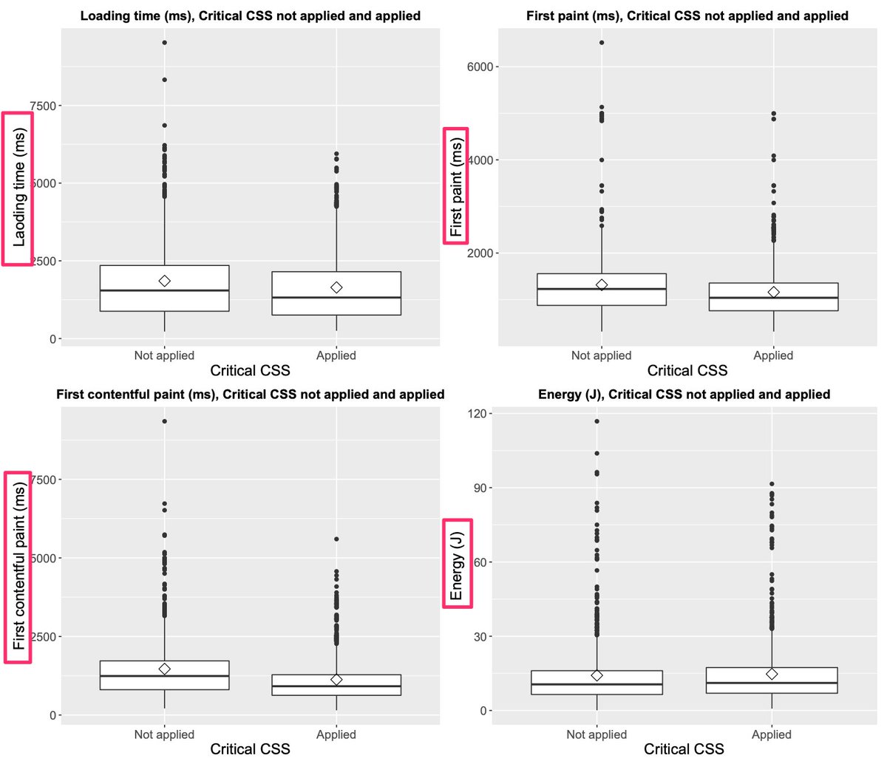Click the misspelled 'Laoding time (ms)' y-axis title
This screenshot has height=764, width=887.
(19, 188)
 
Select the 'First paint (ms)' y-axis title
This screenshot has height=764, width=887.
(456, 185)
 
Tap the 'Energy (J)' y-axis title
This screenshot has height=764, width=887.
(457, 562)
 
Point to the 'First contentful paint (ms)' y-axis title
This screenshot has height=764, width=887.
(19, 567)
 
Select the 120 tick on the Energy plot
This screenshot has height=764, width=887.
(481, 414)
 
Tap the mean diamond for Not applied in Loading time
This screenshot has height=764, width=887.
(164, 281)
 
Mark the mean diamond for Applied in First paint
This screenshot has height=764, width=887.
(773, 293)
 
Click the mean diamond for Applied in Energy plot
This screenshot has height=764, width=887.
(772, 674)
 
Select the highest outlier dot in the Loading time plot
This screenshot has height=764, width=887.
(164, 43)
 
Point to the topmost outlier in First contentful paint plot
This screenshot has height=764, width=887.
(164, 421)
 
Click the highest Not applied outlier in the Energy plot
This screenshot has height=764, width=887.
(597, 421)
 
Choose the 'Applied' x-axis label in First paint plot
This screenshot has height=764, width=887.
(773, 355)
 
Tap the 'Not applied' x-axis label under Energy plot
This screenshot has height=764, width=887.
(597, 734)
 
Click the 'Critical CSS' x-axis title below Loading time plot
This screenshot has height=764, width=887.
(250, 370)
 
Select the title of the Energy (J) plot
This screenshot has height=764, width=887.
(684, 395)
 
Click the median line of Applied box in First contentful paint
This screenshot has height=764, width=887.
(336, 686)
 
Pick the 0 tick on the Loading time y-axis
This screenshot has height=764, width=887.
(52, 339)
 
